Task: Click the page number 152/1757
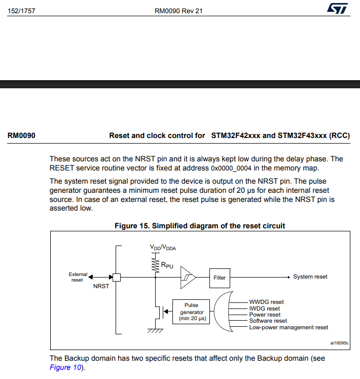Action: click(21, 11)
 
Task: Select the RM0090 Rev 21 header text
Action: click(178, 11)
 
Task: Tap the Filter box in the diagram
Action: click(220, 278)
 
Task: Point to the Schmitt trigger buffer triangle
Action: click(188, 278)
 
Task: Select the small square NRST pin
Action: click(116, 278)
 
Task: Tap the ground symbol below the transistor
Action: click(155, 331)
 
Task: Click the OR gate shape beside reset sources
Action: click(222, 312)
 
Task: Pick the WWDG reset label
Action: click(266, 302)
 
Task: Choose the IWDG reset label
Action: click(264, 308)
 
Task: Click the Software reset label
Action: click(268, 321)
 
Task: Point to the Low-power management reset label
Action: click(289, 327)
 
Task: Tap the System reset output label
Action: click(310, 277)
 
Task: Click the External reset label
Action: click(78, 277)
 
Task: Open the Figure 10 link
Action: click(65, 367)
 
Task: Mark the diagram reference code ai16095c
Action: click(339, 343)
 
